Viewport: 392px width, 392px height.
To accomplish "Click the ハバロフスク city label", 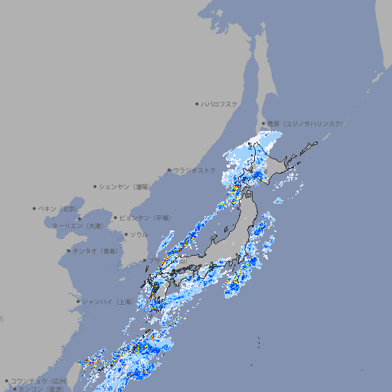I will (x=220, y=104).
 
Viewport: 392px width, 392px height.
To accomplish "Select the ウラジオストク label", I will (x=194, y=170).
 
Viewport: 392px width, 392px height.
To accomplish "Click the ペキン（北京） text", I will (x=59, y=208).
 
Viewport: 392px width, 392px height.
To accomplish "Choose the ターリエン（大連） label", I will (x=77, y=226).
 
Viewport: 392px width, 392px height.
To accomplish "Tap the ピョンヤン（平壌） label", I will (x=145, y=217).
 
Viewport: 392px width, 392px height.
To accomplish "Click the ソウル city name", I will (x=139, y=234).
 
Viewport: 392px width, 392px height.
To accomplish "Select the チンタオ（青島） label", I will (x=96, y=250).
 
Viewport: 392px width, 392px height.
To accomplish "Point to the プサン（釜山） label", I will (x=166, y=261).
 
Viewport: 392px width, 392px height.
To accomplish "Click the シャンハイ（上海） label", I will (x=107, y=302).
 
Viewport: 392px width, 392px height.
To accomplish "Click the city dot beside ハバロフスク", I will (x=197, y=104).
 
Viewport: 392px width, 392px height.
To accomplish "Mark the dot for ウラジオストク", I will (x=169, y=170).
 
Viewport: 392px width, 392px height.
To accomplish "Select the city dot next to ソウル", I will (x=126, y=234).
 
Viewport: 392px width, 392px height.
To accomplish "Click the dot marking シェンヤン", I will (x=95, y=186).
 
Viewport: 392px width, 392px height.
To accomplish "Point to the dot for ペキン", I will (x=34, y=208).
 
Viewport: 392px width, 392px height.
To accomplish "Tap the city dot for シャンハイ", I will (x=78, y=302).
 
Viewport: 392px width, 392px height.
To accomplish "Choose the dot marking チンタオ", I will (x=68, y=250).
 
